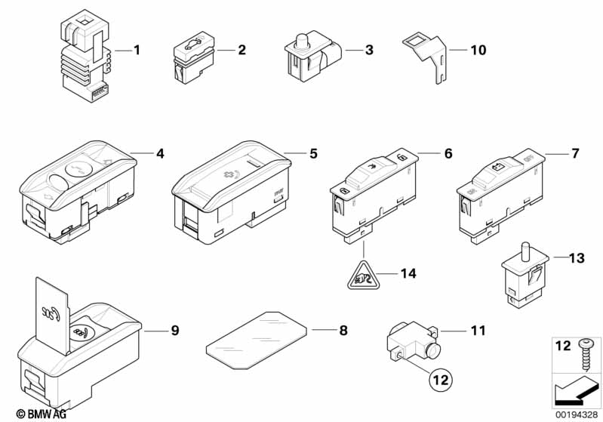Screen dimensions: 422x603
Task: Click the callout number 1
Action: pos(137,51)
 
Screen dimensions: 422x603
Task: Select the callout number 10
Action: pos(478,51)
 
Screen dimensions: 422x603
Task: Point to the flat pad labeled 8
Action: pos(257,337)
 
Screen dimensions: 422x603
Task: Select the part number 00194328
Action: pos(576,413)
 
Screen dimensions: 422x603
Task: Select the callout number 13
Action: pos(576,258)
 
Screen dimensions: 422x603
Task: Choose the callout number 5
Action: pos(313,153)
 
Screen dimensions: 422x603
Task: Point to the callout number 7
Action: pos(574,154)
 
